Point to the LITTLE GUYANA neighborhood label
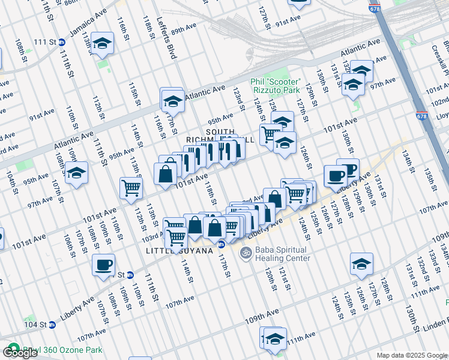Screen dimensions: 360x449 179,251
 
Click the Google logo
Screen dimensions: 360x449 20,353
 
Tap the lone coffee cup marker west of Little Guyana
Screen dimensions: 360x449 103,265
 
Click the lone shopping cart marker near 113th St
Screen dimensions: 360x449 131,188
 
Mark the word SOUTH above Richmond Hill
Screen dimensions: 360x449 220,131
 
